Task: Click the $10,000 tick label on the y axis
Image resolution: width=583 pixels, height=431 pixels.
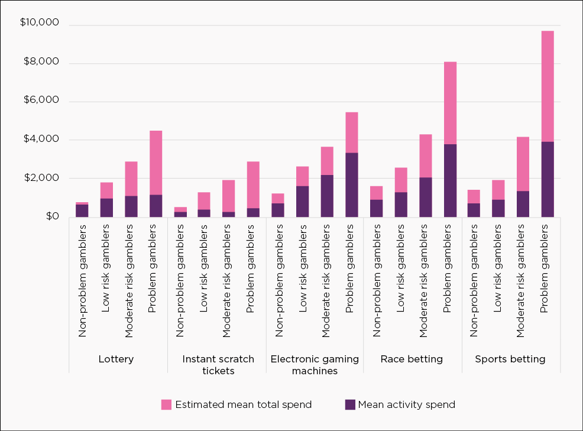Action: point(40,23)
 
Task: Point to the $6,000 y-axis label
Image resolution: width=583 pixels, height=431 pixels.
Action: point(42,100)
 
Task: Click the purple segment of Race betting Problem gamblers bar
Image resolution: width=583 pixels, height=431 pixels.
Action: point(450,180)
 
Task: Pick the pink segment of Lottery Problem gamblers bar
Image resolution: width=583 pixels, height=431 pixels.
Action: point(156,163)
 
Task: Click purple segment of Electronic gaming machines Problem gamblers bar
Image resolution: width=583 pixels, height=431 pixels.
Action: point(352,184)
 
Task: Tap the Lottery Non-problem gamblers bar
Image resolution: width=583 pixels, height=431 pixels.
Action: point(82,210)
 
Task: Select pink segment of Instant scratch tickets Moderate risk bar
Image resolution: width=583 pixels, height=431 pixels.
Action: point(229,196)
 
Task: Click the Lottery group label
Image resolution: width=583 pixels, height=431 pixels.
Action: point(116,359)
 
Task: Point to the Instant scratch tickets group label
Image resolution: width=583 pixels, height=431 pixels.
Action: point(218,365)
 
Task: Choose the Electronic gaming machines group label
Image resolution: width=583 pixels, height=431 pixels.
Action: point(314,365)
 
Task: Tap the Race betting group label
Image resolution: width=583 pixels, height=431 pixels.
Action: point(412,359)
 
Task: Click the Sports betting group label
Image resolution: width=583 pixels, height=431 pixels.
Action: point(510,359)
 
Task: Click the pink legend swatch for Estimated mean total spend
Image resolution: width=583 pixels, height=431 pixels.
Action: point(166,405)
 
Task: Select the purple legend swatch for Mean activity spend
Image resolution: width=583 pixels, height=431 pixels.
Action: point(350,405)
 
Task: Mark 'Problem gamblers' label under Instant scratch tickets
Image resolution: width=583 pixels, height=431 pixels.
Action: point(251,263)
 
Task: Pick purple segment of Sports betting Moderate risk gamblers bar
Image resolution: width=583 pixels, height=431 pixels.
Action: point(523,204)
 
